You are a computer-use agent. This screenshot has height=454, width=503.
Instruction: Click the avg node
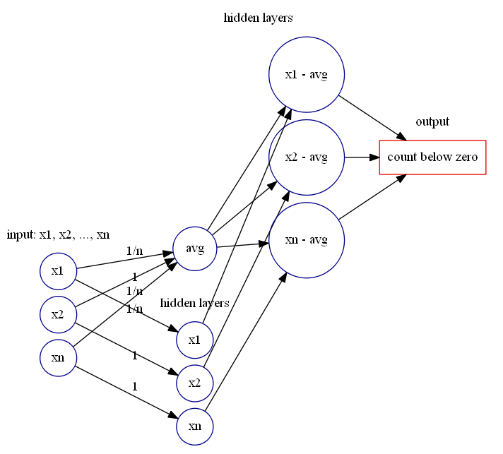pos(195,248)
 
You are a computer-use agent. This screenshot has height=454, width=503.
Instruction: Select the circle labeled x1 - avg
pos(306,74)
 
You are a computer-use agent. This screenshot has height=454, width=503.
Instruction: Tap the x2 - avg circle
pos(306,157)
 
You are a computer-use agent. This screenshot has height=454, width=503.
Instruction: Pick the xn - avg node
pos(306,240)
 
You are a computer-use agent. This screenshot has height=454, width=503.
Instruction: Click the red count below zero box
pos(432,157)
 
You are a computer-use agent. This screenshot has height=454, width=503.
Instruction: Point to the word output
pos(432,122)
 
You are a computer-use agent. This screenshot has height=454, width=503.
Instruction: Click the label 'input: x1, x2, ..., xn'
pos(58,235)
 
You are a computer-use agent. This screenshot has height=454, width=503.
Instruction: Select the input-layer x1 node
pos(58,271)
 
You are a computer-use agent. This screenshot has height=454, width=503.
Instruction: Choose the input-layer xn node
pos(58,358)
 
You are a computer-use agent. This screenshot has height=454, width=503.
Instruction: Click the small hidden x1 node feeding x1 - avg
pos(194,340)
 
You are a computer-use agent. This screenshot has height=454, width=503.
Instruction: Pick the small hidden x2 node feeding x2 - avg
pos(194,383)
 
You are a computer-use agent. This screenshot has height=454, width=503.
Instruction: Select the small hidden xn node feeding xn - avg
pos(194,427)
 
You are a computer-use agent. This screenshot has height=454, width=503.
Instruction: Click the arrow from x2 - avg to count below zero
pos(362,157)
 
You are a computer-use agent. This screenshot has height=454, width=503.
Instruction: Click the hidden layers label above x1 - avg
pos(258,18)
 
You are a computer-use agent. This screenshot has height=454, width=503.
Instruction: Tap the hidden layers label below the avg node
pos(194,303)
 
